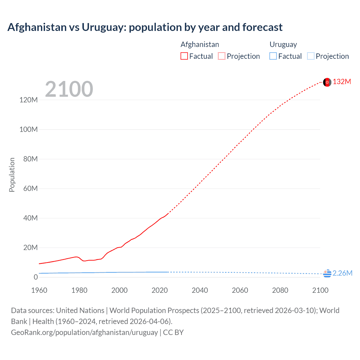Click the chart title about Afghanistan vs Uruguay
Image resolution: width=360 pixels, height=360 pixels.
pos(145,27)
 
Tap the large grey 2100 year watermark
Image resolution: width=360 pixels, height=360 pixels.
pos(69,89)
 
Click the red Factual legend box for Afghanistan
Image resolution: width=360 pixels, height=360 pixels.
pos(184,56)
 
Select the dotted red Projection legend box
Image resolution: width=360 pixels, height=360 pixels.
pos(222,56)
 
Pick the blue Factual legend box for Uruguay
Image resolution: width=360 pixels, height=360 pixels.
pos(273,56)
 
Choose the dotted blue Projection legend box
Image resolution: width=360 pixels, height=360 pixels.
pos(310,56)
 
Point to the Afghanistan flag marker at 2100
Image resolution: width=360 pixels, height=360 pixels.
pos(327,82)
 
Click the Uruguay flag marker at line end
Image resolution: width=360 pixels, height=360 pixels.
pos(327,273)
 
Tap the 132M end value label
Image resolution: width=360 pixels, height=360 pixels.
pos(342,82)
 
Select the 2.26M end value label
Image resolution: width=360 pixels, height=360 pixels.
pos(342,273)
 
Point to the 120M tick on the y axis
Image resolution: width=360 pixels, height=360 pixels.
pos(28,100)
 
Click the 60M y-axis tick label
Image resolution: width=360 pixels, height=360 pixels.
pos(30,188)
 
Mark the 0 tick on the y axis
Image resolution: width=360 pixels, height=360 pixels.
pos(35,277)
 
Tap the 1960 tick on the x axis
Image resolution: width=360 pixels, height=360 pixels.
pos(39,290)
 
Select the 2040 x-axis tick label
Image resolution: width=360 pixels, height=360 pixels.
pos(200,290)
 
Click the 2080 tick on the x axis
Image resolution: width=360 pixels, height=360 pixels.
pos(280,290)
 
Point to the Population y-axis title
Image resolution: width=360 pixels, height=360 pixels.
pos(12,175)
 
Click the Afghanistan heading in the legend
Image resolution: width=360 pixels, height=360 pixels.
pos(200,44)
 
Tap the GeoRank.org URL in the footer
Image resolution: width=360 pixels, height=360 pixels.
pos(84,332)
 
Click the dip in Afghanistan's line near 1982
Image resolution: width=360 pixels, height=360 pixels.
pos(84,261)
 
